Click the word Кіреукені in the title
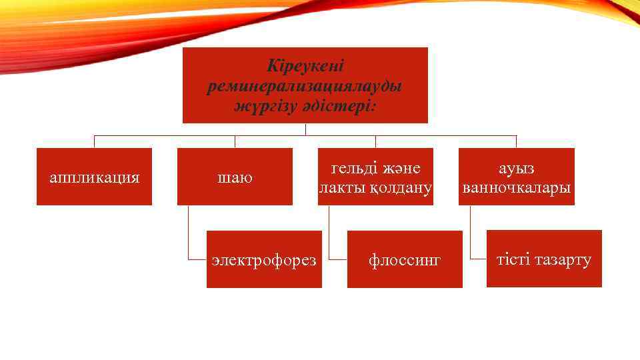pyautogui.click(x=305, y=67)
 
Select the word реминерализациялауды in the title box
pyautogui.click(x=305, y=86)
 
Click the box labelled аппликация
pyautogui.click(x=94, y=177)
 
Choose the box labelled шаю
pyautogui.click(x=235, y=177)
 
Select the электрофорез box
pyautogui.click(x=264, y=259)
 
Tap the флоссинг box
pyautogui.click(x=405, y=259)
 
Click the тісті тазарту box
pyautogui.click(x=544, y=259)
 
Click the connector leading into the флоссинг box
pyautogui.click(x=329, y=233)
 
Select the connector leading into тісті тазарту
pyautogui.click(x=470, y=233)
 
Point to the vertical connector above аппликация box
pyautogui.click(x=94, y=141)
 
